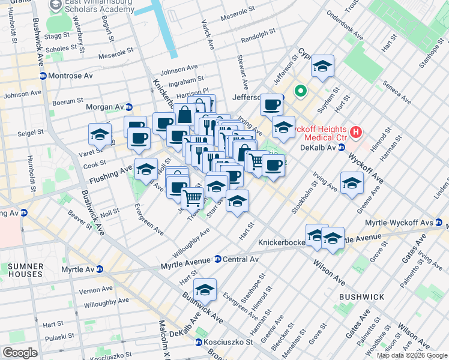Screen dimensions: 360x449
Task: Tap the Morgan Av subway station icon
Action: coord(128,107)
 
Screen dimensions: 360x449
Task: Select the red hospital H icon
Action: coord(356,131)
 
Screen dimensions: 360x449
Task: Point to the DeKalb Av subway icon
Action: coord(340,148)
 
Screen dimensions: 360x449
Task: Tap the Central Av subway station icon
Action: coord(217,260)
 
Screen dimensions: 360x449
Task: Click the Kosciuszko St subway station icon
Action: coord(198,342)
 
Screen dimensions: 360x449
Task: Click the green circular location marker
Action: coord(300,92)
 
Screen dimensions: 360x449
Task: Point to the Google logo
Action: coord(20,352)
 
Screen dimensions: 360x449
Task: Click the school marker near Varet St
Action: coord(100,134)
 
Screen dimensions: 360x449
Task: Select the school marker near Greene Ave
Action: coord(351,183)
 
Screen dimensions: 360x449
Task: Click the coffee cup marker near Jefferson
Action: coord(271,105)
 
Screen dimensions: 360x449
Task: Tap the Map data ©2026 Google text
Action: coord(412,355)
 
